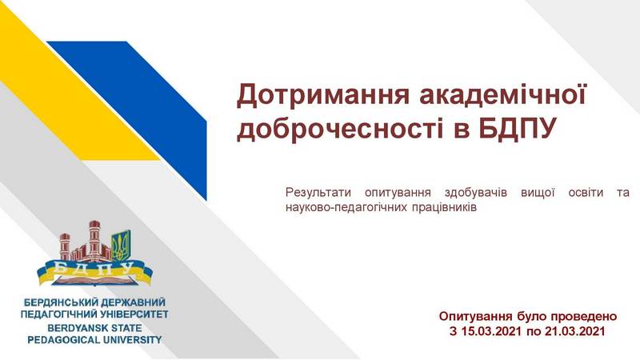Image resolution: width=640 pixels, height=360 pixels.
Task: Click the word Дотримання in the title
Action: [x=322, y=94]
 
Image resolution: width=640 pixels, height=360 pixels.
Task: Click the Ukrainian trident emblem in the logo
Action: [x=121, y=246]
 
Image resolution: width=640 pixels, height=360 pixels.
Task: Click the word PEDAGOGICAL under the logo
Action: [x=62, y=339]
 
